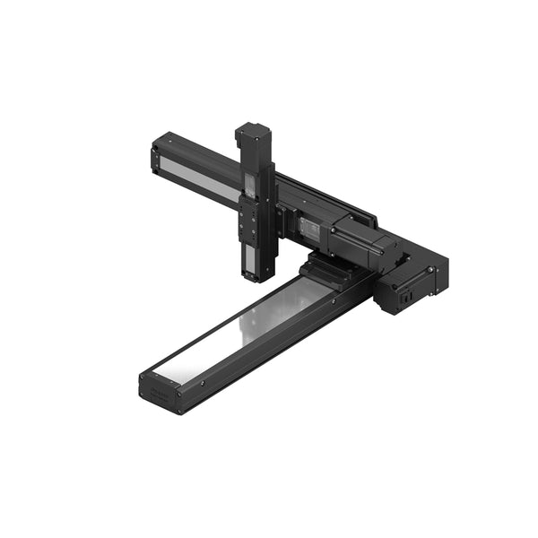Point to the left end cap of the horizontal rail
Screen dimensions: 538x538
[156, 159]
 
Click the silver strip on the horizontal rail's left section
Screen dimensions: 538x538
[199, 175]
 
